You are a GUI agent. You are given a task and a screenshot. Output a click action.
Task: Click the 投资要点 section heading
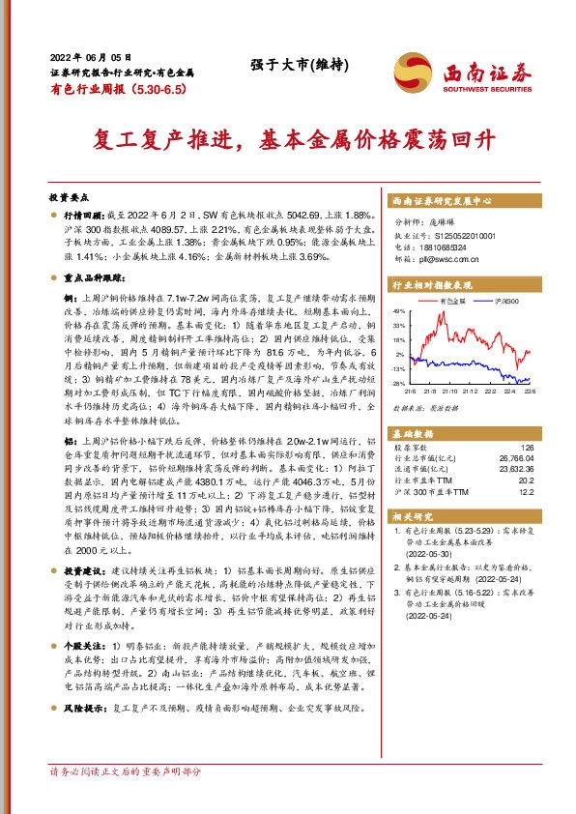pyautogui.click(x=71, y=193)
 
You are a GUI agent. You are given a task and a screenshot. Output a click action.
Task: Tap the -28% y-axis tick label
pyautogui.click(x=398, y=384)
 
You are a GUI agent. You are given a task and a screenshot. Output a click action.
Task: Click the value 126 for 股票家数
pyautogui.click(x=526, y=447)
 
